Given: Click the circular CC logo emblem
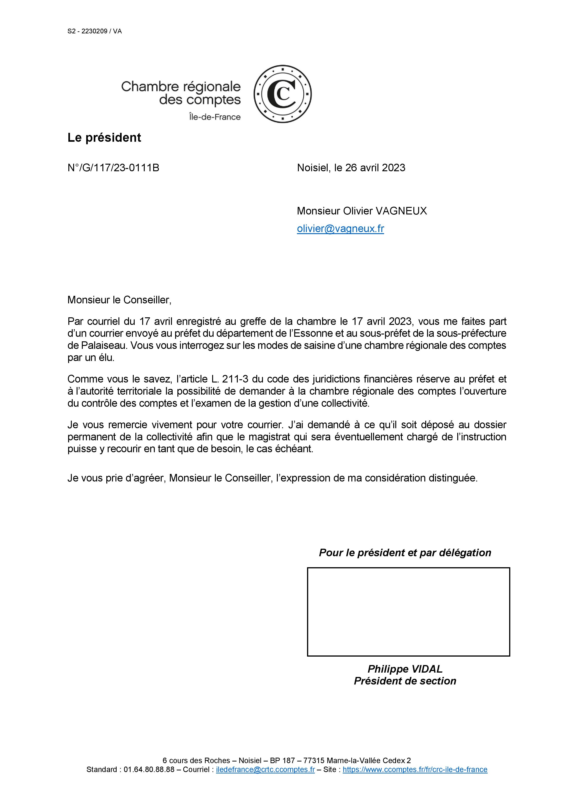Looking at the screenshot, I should point(282,94).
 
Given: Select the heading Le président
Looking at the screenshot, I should point(104,138).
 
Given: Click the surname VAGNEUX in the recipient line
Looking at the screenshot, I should point(401,211).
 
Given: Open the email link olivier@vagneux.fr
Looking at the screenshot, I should point(340,229).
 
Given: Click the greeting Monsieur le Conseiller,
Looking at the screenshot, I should point(119,300).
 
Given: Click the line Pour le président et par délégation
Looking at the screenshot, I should point(405,553).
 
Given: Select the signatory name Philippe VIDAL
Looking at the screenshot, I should point(405,669).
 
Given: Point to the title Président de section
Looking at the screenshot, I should point(405,681).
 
